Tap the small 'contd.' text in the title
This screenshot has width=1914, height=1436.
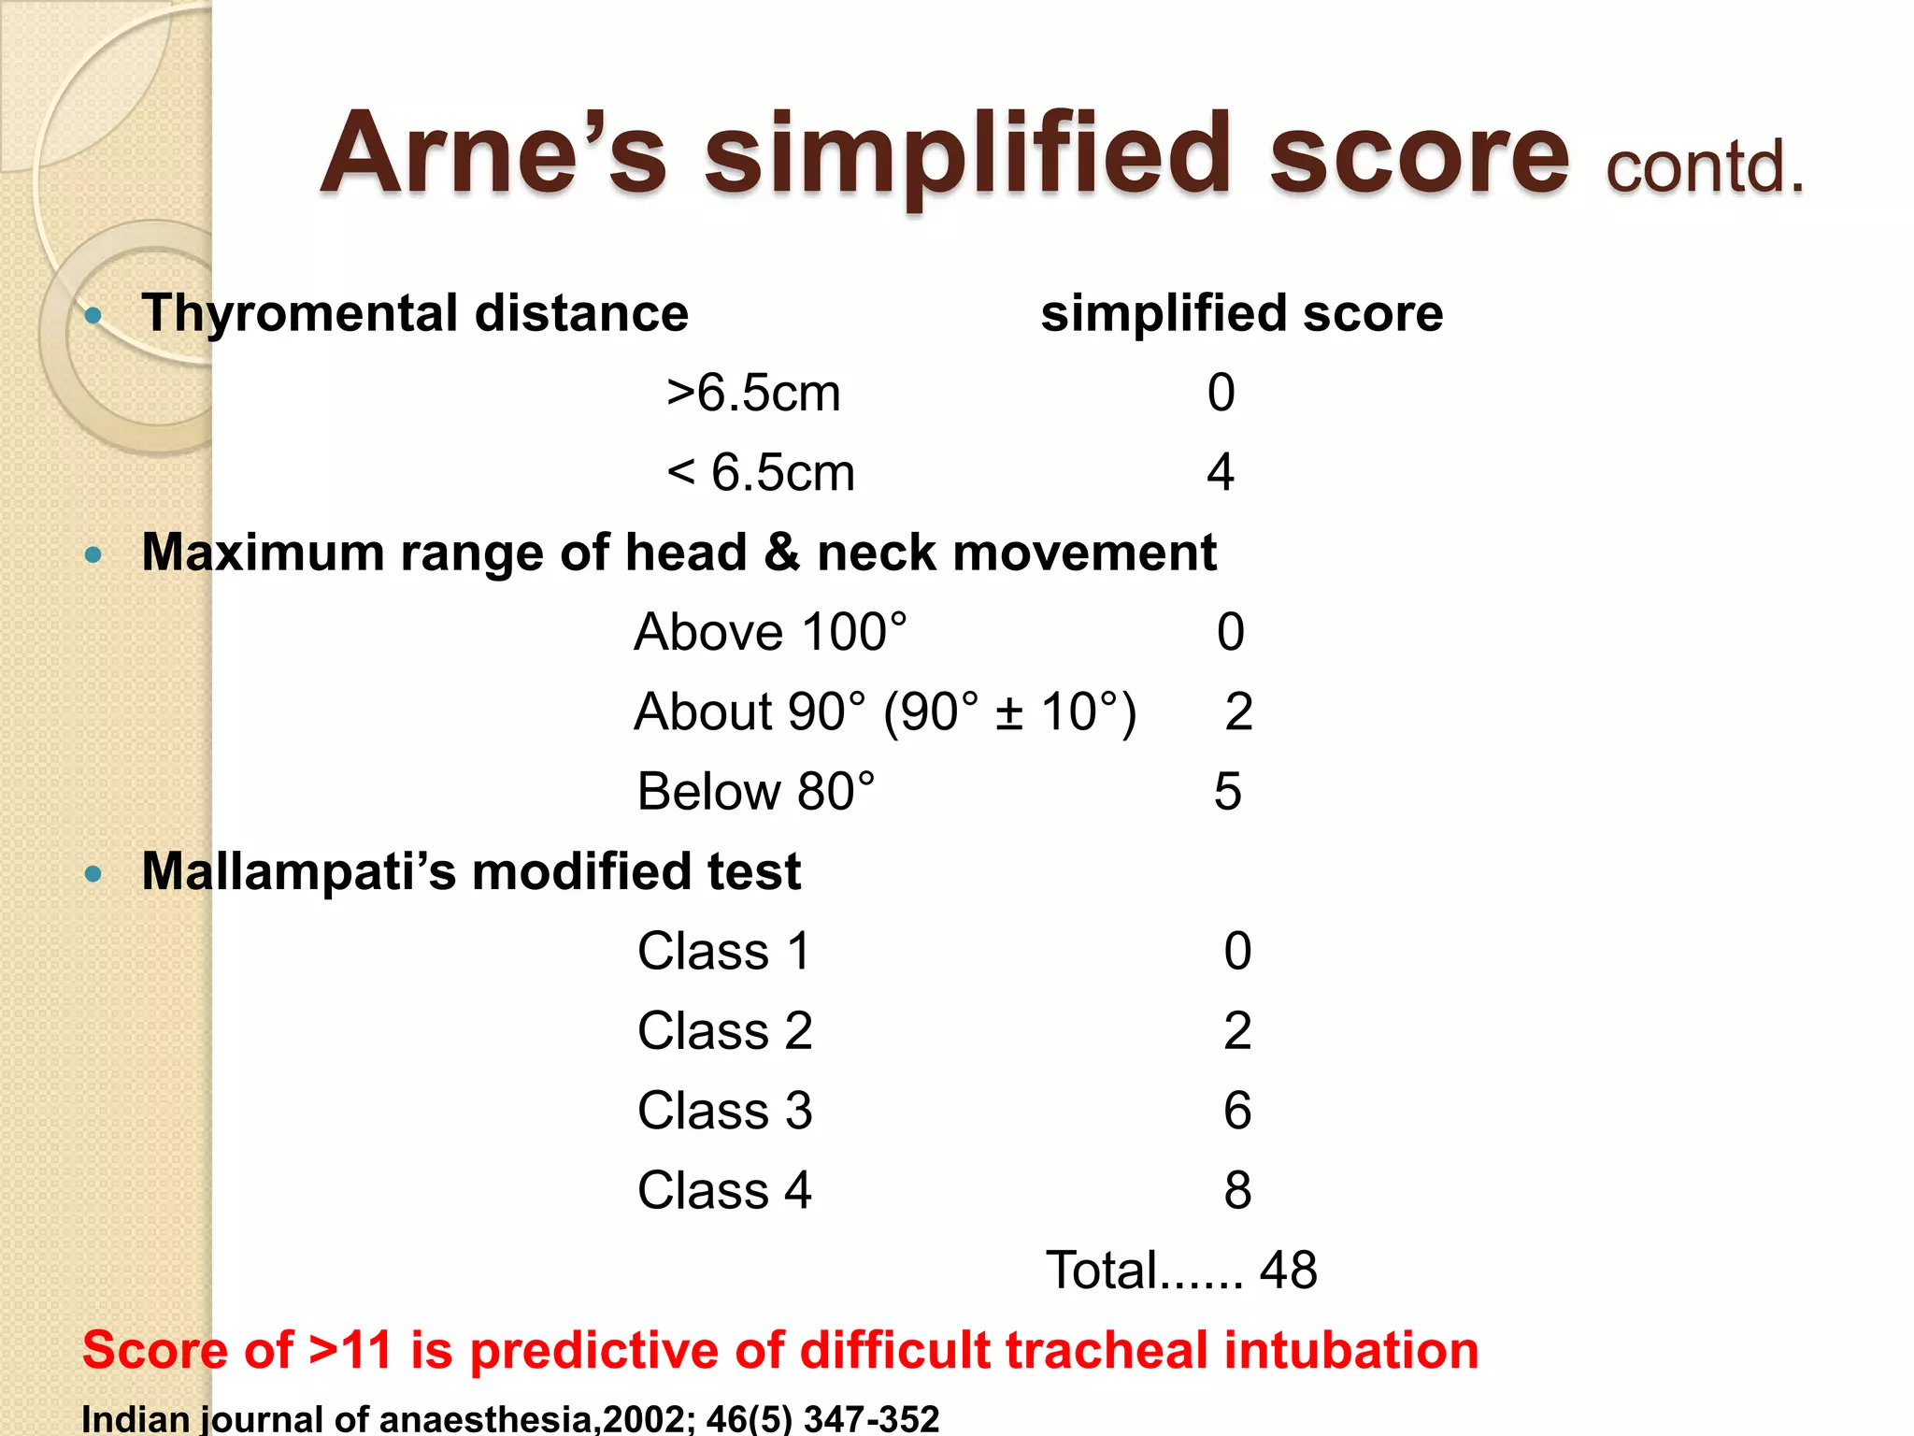(1704, 167)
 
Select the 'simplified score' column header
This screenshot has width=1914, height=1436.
(1241, 313)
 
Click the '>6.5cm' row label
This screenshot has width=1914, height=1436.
(753, 393)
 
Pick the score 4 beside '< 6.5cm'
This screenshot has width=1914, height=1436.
(1221, 472)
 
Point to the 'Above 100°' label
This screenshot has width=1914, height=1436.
(770, 632)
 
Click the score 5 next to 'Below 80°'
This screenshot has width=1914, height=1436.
(1227, 792)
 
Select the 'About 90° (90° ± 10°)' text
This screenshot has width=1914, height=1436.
(884, 712)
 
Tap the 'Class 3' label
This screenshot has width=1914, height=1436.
(724, 1111)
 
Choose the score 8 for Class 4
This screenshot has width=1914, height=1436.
(1237, 1191)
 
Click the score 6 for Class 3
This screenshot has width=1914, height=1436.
(1237, 1111)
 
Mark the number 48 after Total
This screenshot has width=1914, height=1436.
(1288, 1271)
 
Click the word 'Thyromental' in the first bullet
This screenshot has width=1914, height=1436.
(299, 313)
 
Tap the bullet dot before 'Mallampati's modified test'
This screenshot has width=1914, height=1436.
(93, 874)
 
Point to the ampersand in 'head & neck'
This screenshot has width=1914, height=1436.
(781, 553)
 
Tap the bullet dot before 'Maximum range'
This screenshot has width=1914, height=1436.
(93, 555)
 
